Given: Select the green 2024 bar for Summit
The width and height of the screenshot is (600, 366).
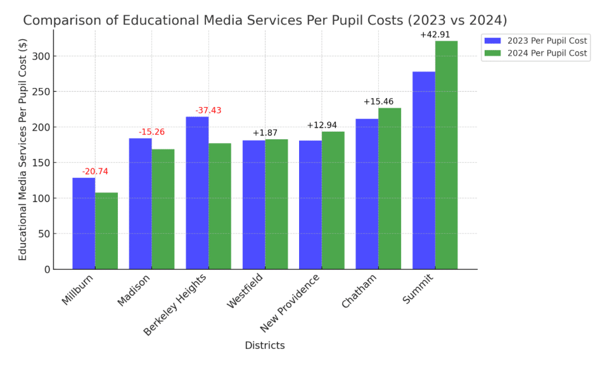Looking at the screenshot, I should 446,155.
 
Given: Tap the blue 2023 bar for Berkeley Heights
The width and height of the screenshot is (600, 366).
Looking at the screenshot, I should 197,192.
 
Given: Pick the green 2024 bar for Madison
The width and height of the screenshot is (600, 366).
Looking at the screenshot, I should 163,209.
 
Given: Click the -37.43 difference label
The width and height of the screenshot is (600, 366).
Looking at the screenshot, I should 208,110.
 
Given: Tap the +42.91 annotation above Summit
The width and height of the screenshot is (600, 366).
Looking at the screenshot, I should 435,34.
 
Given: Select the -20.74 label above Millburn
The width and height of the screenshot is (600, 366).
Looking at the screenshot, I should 95,172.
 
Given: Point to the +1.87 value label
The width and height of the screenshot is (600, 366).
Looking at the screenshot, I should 265,132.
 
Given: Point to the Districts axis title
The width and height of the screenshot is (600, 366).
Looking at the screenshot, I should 265,346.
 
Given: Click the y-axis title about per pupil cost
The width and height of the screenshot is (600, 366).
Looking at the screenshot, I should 23,149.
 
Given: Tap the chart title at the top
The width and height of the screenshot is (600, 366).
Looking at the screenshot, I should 265,20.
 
